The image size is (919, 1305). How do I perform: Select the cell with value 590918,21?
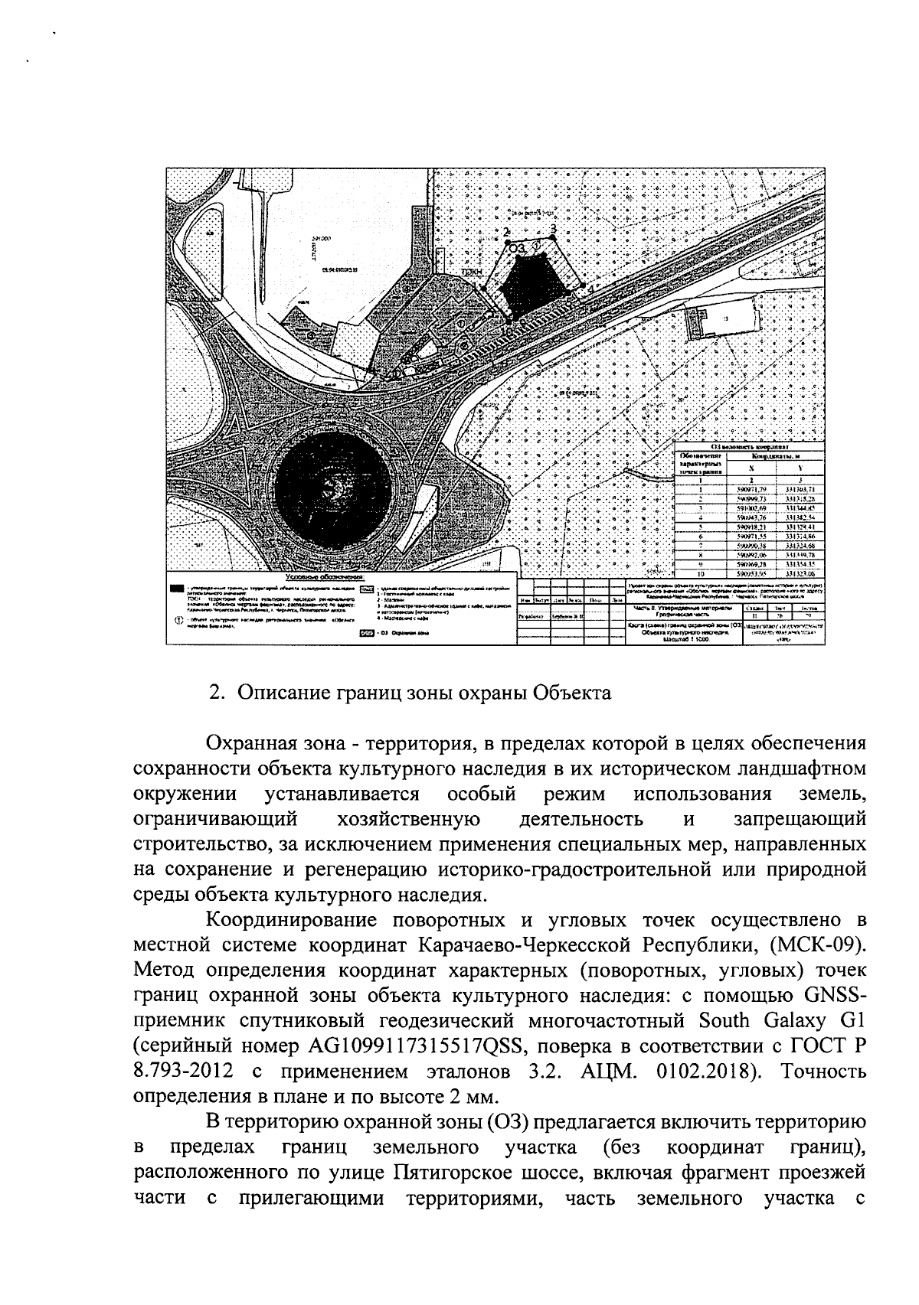pos(751,528)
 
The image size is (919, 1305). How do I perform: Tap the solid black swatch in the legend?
pos(178,589)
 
